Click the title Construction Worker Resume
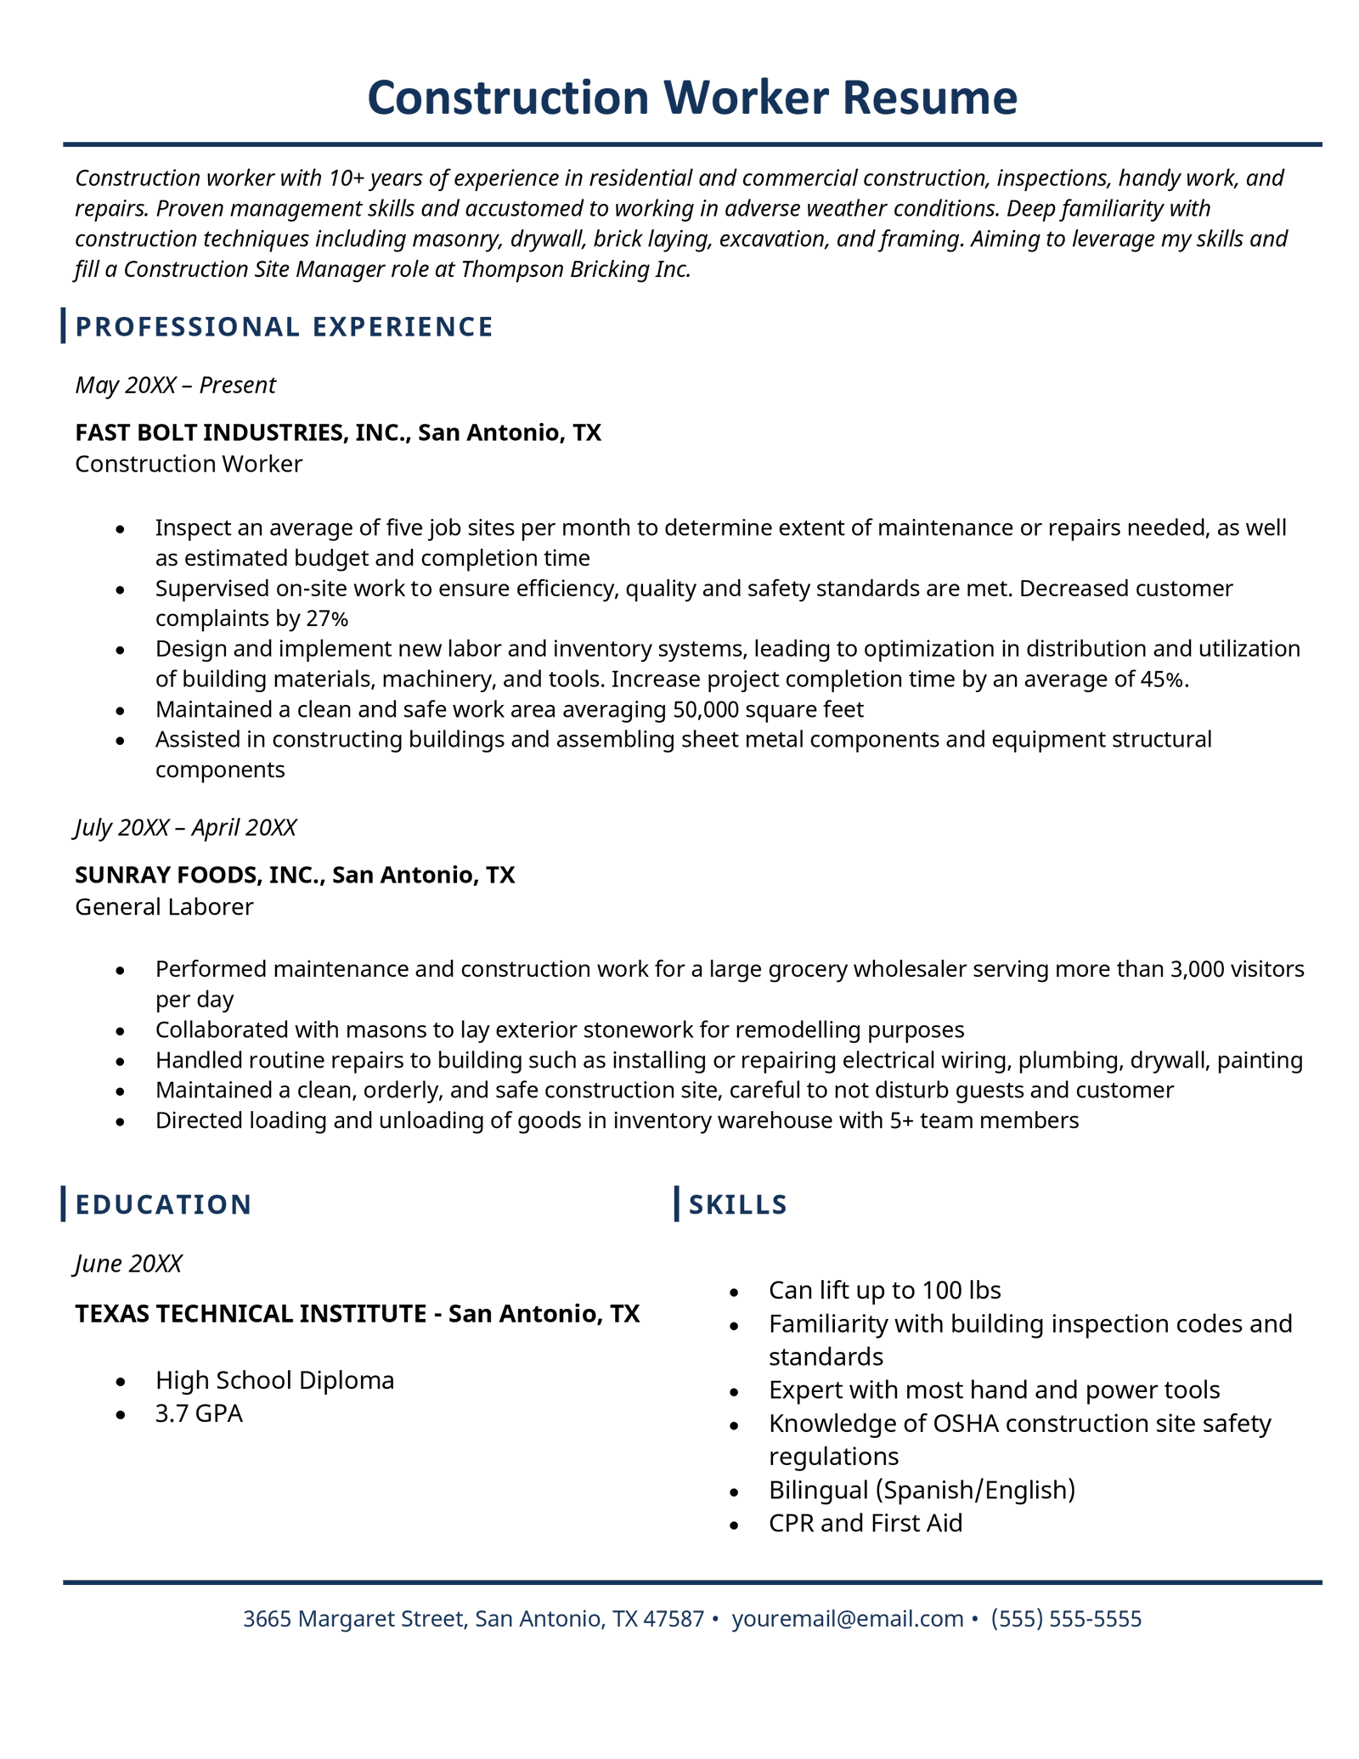pyautogui.click(x=691, y=98)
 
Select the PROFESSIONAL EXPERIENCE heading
pyautogui.click(x=284, y=327)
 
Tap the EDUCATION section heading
pyautogui.click(x=163, y=1204)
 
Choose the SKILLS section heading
pyautogui.click(x=737, y=1204)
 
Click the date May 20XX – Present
pyautogui.click(x=175, y=386)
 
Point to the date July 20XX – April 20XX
pyautogui.click(x=185, y=827)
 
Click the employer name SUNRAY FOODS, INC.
pyautogui.click(x=200, y=875)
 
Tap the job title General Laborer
pyautogui.click(x=164, y=907)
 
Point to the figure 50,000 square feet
pyautogui.click(x=767, y=709)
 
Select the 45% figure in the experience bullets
pyautogui.click(x=1164, y=679)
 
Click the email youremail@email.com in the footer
pyautogui.click(x=847, y=1619)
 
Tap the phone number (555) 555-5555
pyautogui.click(x=1066, y=1619)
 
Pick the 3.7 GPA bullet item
pyautogui.click(x=199, y=1413)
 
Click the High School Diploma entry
pyautogui.click(x=274, y=1380)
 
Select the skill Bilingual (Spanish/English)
pyautogui.click(x=922, y=1490)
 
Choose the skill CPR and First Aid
pyautogui.click(x=866, y=1523)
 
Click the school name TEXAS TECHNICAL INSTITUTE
pyautogui.click(x=251, y=1314)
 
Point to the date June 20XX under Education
pyautogui.click(x=128, y=1264)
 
